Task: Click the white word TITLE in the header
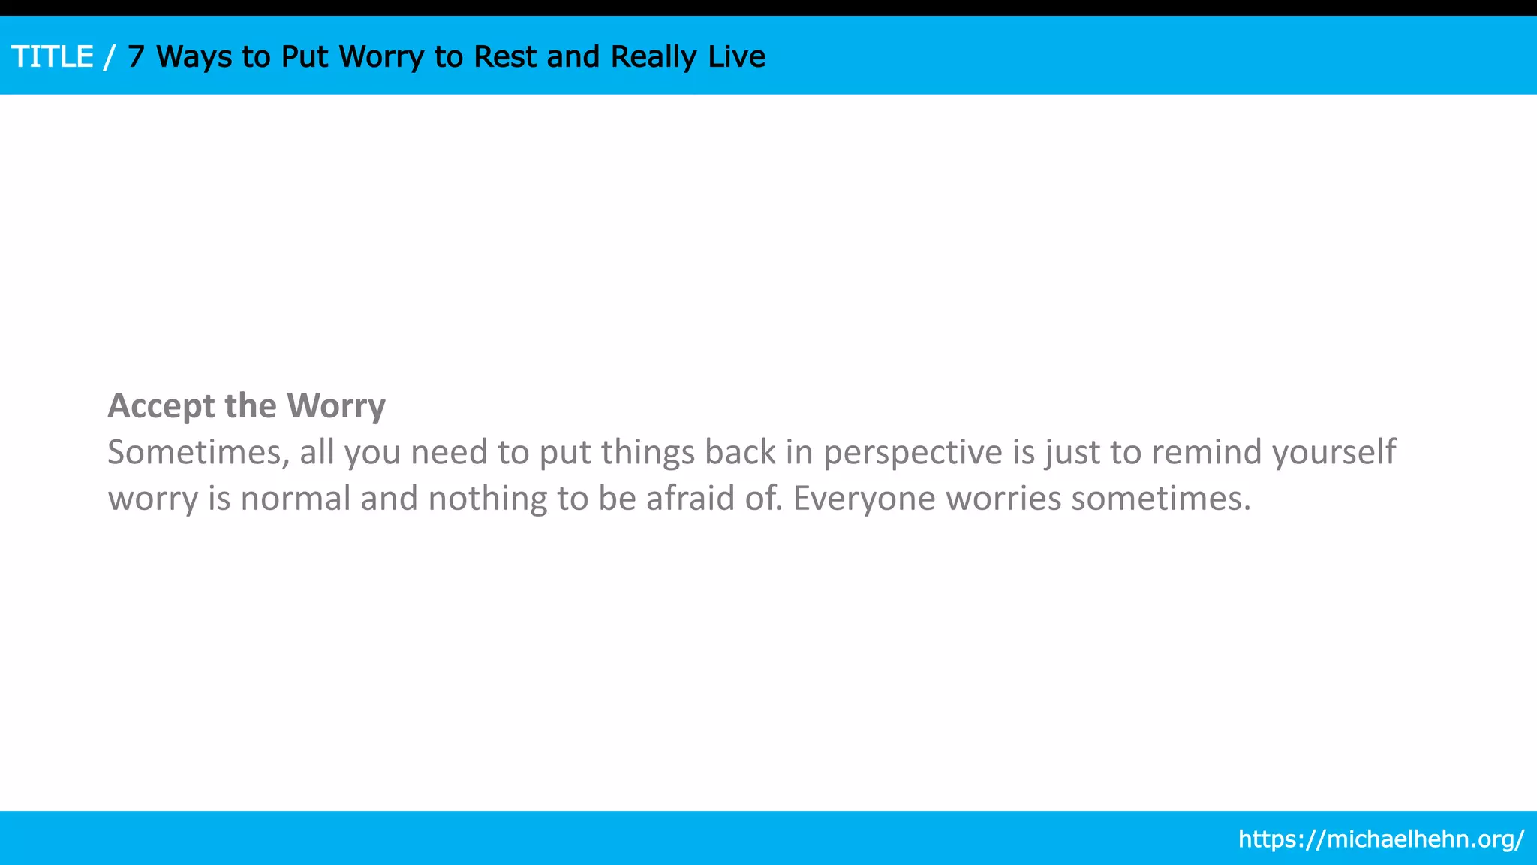point(53,57)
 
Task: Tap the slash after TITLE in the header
point(110,57)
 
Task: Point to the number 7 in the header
point(136,57)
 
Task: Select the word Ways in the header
point(194,57)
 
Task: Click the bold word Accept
point(161,406)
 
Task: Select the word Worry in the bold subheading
point(336,406)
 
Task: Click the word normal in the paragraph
point(295,499)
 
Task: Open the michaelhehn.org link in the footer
point(1381,839)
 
